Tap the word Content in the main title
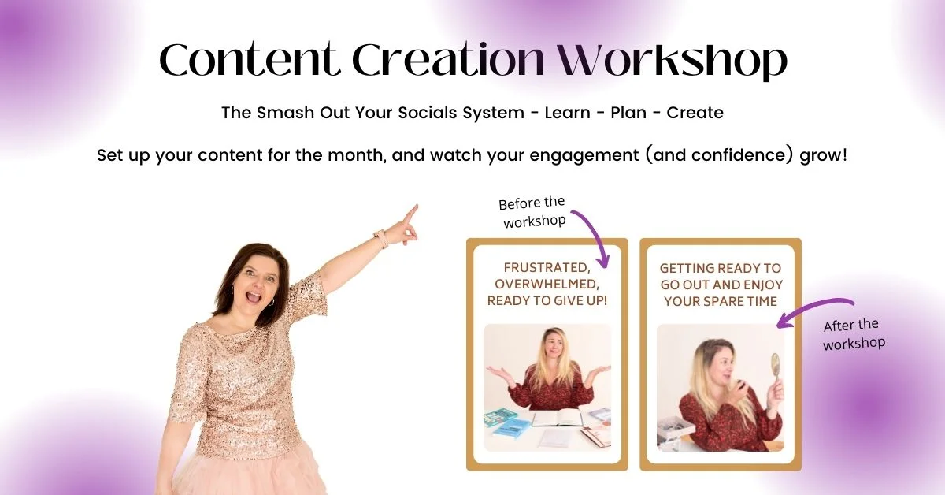point(250,58)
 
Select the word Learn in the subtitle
point(568,113)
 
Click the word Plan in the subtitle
point(628,113)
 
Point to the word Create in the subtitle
point(695,113)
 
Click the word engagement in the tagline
point(584,156)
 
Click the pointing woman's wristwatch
point(381,238)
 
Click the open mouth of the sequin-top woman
point(254,297)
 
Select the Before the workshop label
point(532,212)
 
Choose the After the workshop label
point(853,334)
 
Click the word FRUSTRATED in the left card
point(547,268)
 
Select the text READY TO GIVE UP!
point(547,301)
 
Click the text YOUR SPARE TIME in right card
point(720,302)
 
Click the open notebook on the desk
point(557,419)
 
